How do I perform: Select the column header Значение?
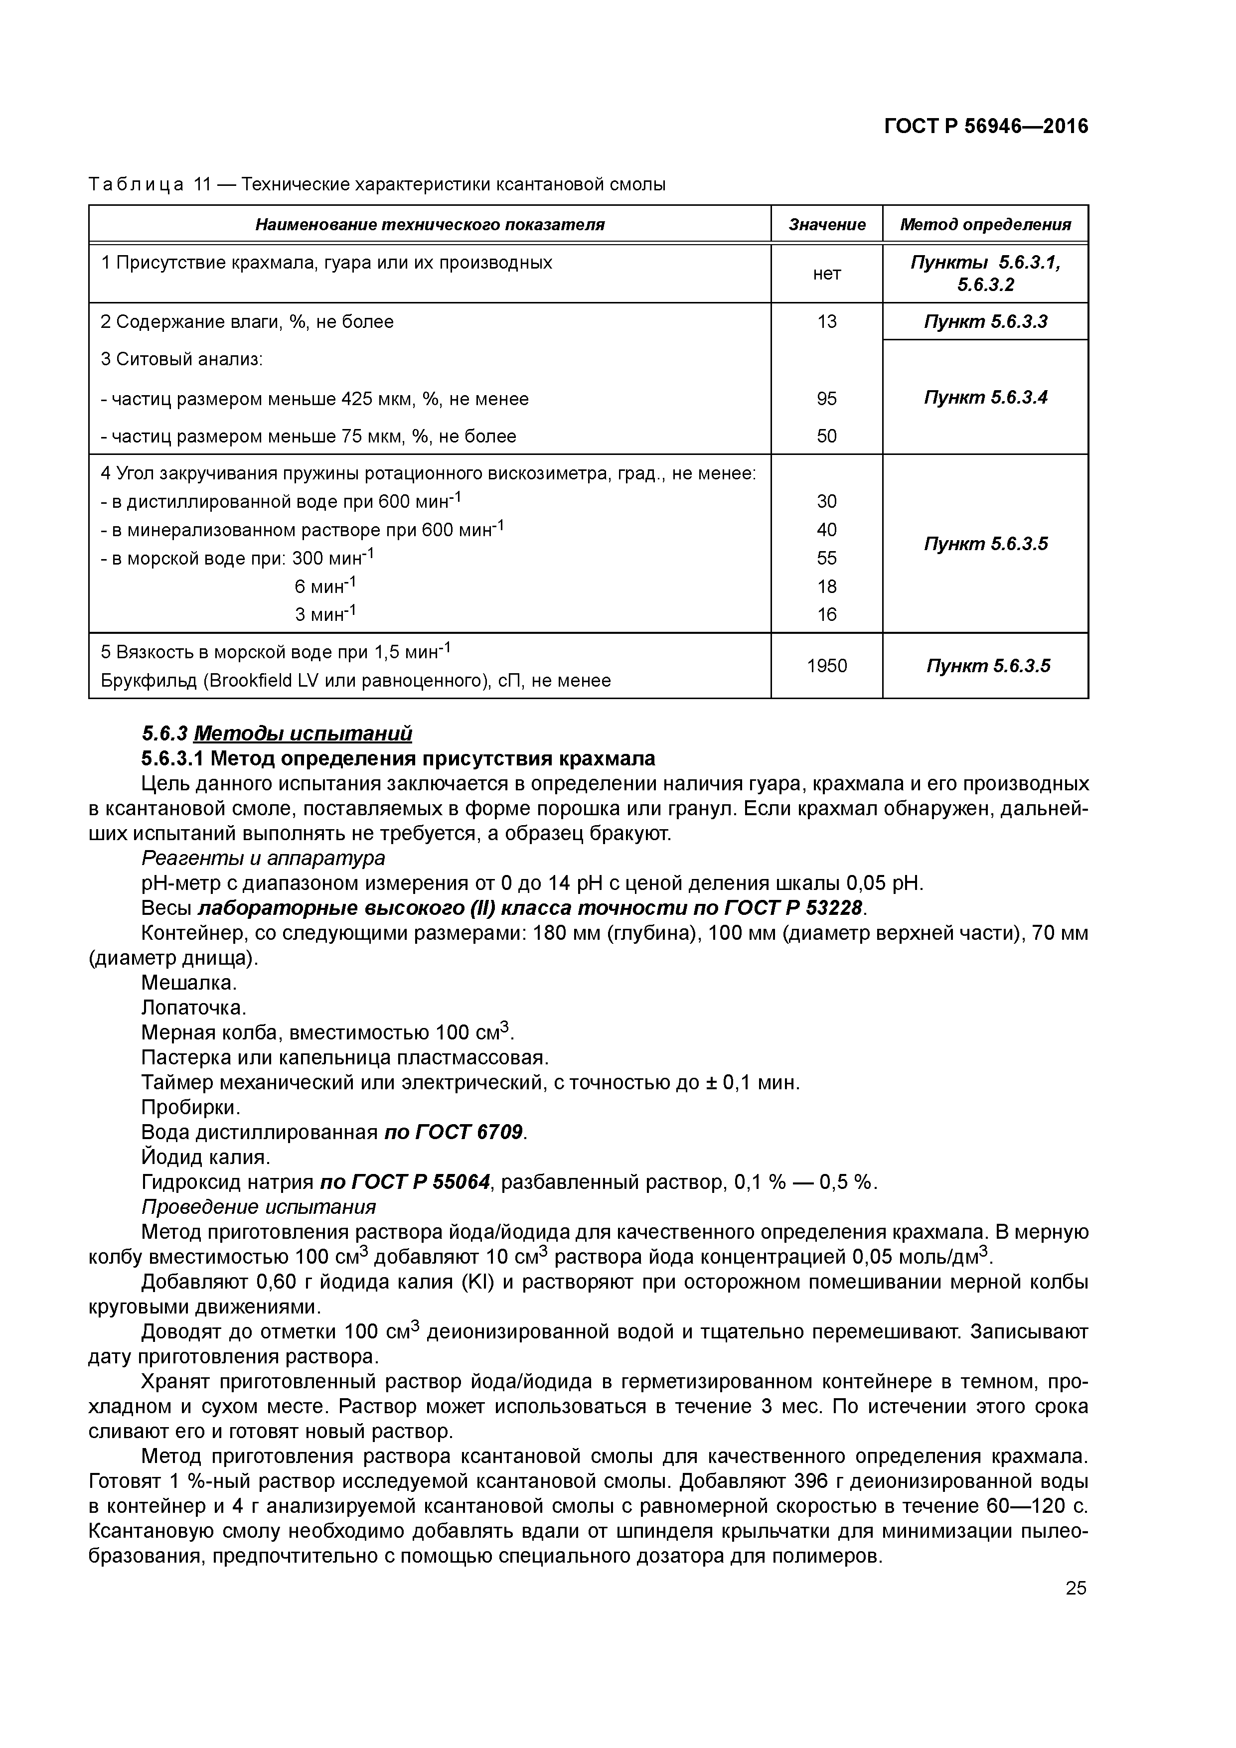click(x=826, y=225)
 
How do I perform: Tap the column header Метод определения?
click(x=985, y=225)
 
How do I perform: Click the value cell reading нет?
click(x=826, y=274)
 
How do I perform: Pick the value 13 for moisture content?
click(x=826, y=322)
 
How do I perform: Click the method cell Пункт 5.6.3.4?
click(x=985, y=398)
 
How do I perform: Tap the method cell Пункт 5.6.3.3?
click(x=985, y=322)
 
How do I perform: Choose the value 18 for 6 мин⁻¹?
click(x=826, y=586)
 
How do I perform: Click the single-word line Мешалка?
click(x=189, y=983)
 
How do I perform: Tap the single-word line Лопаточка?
click(x=193, y=1008)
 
